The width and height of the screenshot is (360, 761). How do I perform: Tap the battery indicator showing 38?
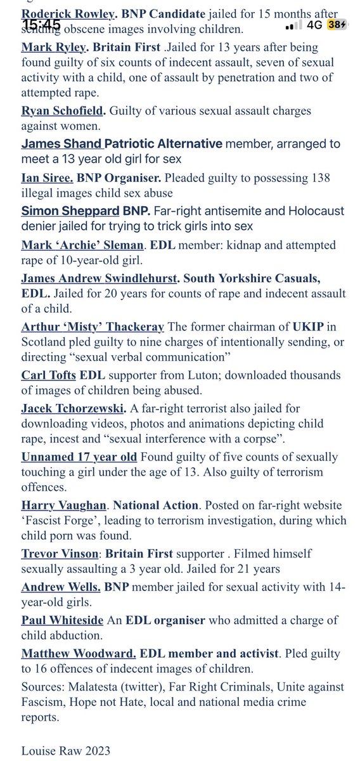point(338,25)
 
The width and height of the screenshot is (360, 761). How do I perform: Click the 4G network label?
point(314,25)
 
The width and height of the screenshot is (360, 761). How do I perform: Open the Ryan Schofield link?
point(62,111)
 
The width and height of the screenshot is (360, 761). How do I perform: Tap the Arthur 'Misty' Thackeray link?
point(93,327)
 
